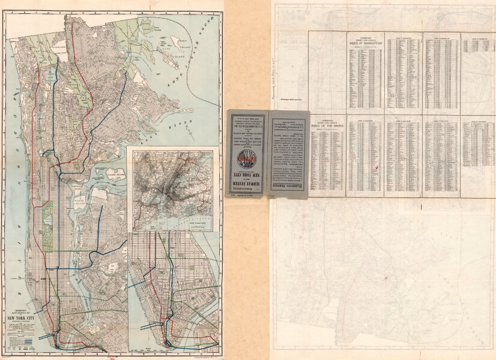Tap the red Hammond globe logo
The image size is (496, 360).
(x=247, y=161)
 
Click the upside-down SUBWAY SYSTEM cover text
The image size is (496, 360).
(x=247, y=180)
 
